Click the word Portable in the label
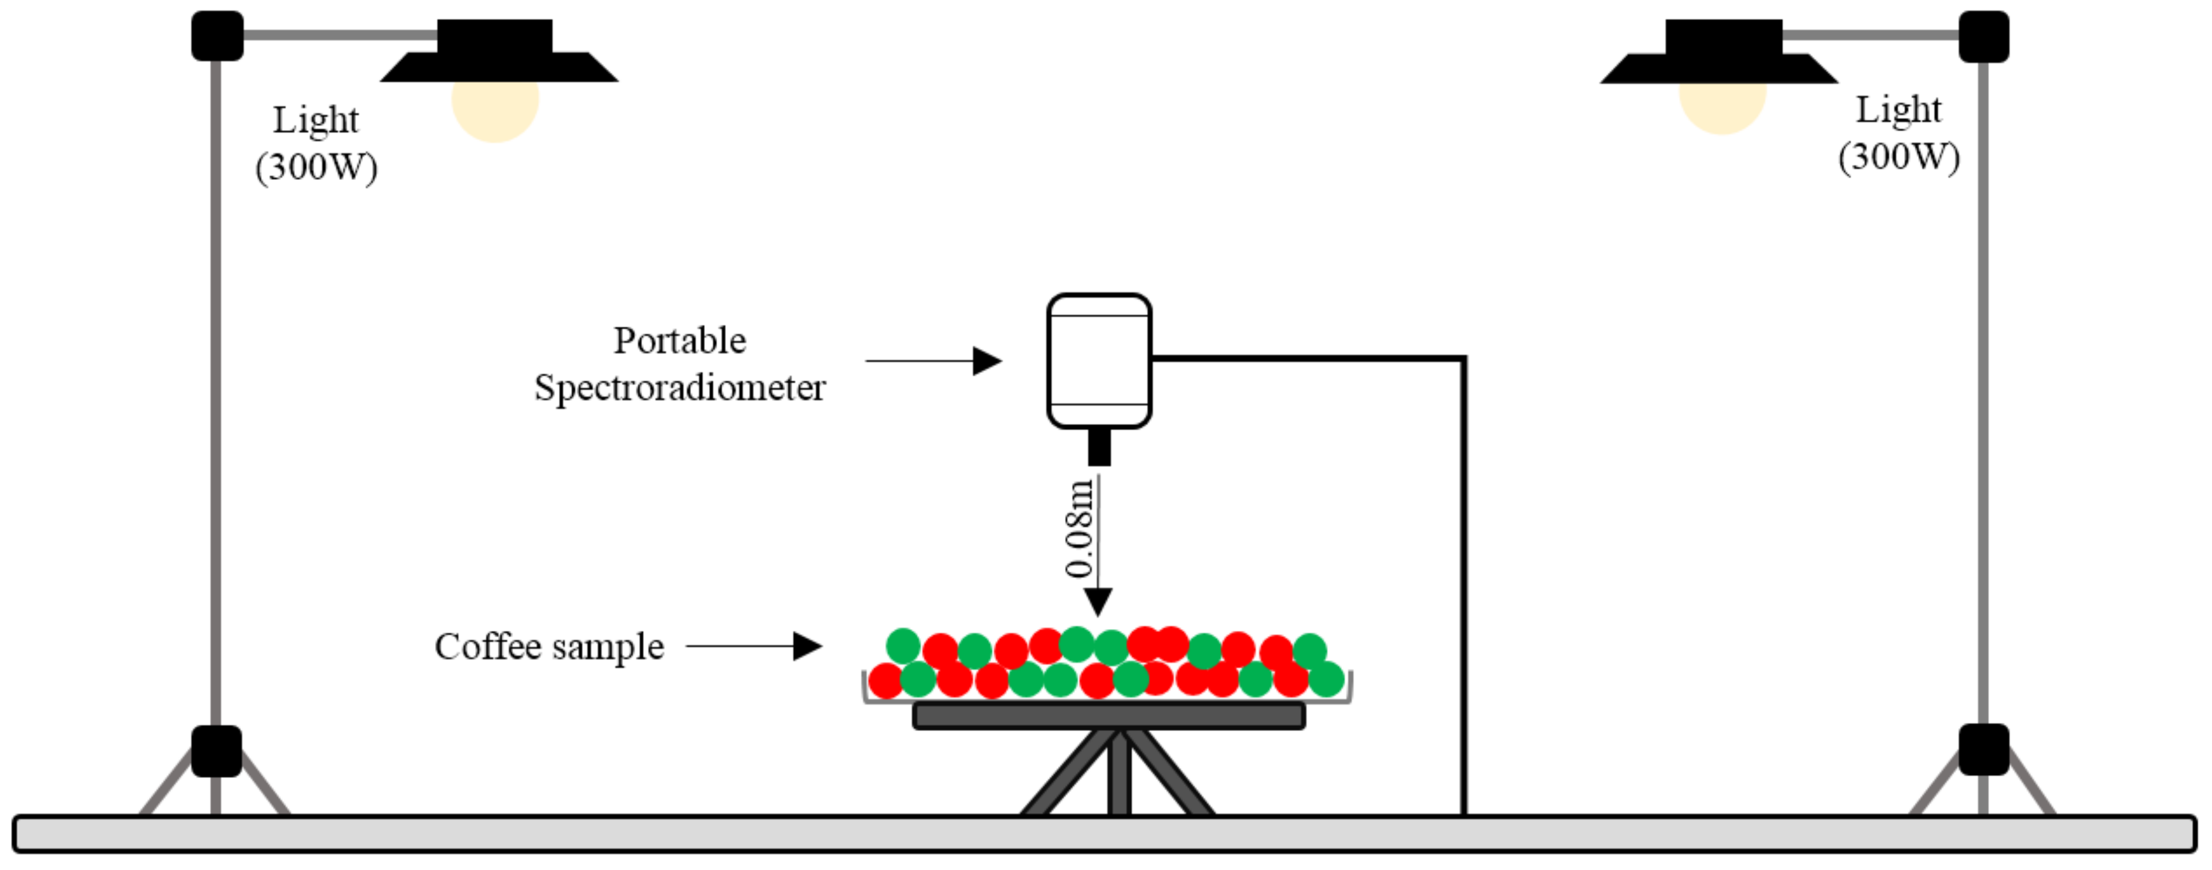click(x=679, y=341)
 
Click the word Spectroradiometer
click(x=679, y=388)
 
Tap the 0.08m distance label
click(x=1078, y=528)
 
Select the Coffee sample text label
click(x=549, y=647)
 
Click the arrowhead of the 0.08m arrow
click(x=1097, y=601)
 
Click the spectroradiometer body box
click(x=1098, y=361)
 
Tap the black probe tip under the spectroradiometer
click(x=1099, y=447)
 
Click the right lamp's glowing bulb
click(x=1722, y=107)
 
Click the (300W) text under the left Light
click(x=316, y=166)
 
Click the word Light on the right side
click(x=1899, y=110)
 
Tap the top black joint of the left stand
click(x=216, y=36)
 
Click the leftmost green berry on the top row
click(x=903, y=645)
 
